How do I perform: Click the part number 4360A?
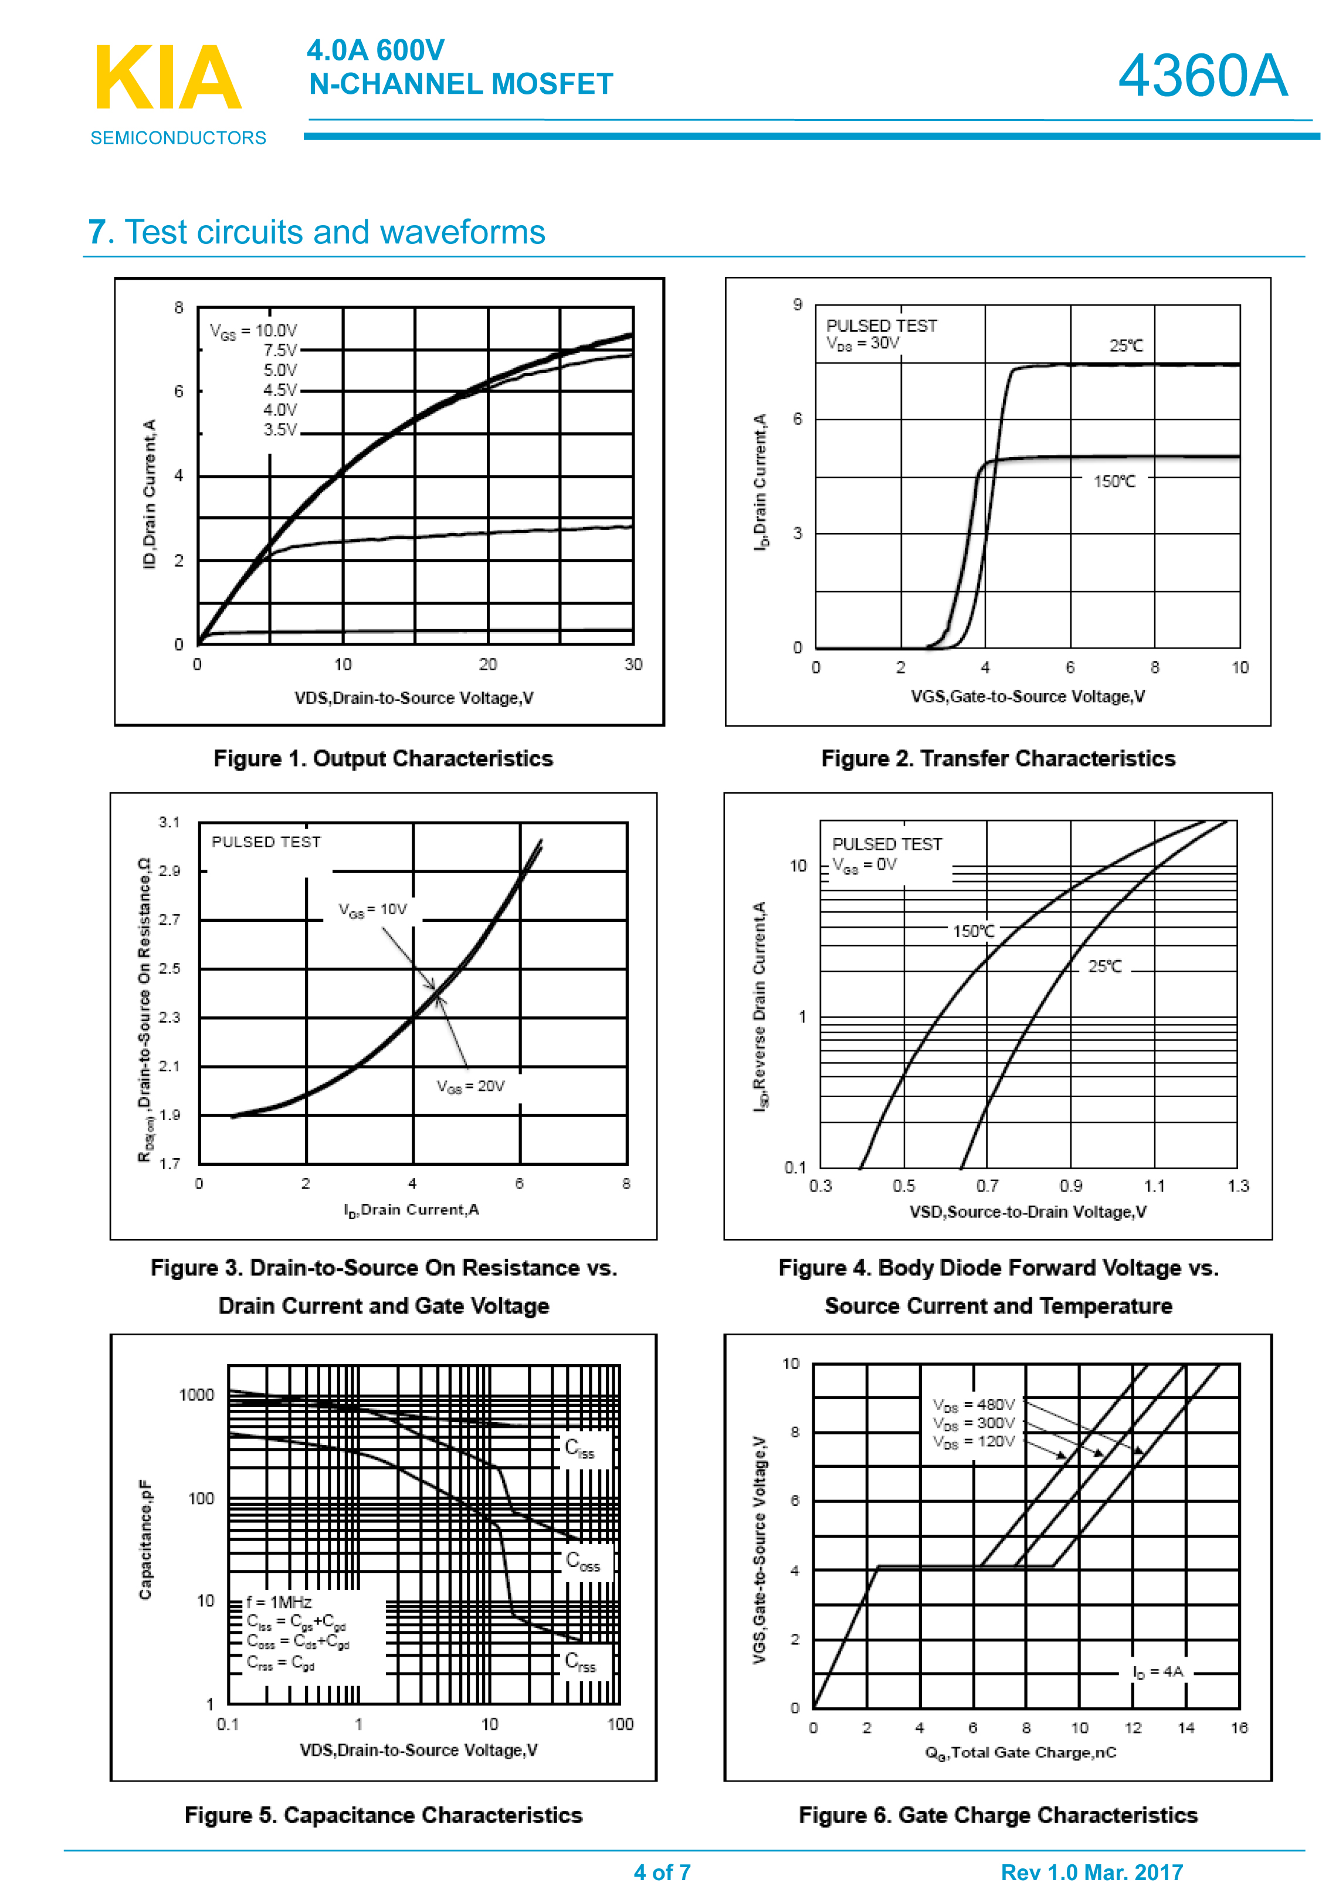(1202, 76)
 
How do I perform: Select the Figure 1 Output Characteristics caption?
(384, 758)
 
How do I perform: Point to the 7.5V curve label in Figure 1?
(280, 351)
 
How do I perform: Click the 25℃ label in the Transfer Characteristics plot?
(1125, 346)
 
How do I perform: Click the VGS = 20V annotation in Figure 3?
(471, 1087)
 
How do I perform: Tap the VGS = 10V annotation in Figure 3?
(372, 910)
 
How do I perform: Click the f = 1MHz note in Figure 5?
(279, 1602)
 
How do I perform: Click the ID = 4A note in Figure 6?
(1158, 1671)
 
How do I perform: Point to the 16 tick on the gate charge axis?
(1238, 1728)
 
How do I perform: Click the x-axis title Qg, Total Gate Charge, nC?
(1021, 1753)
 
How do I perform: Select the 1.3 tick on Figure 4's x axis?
(1238, 1186)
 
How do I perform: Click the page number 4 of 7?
(662, 1872)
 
